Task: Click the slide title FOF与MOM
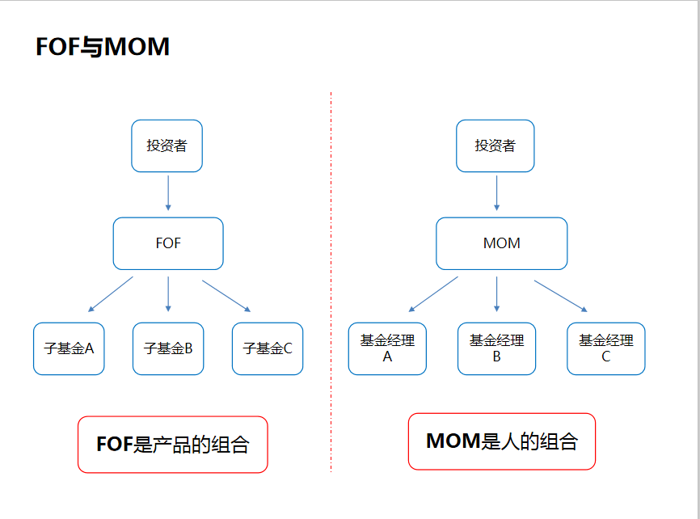[103, 47]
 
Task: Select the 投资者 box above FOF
[167, 146]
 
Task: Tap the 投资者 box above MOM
[495, 146]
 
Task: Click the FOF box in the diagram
[168, 243]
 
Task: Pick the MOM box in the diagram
[501, 243]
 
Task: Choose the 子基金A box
[69, 348]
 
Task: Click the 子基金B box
[168, 348]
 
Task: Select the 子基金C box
[268, 348]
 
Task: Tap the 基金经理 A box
[387, 348]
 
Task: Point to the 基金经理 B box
[496, 348]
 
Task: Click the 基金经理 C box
[605, 348]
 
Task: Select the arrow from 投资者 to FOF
[168, 193]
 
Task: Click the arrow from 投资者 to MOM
[496, 193]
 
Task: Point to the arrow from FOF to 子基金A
[110, 294]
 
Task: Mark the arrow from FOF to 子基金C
[226, 295]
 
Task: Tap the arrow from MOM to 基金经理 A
[433, 294]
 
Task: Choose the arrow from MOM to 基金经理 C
[560, 295]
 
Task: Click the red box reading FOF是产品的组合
[172, 444]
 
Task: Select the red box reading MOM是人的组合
[501, 441]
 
